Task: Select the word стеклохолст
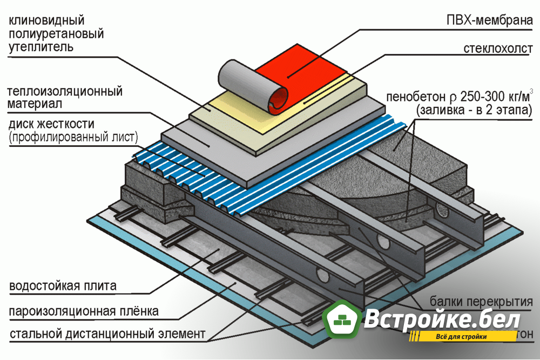tap(497, 49)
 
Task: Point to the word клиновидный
tap(46, 21)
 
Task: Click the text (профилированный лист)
tap(73, 137)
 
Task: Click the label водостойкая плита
tap(63, 286)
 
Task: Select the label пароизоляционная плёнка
tap(84, 311)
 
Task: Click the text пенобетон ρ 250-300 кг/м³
tap(459, 97)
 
